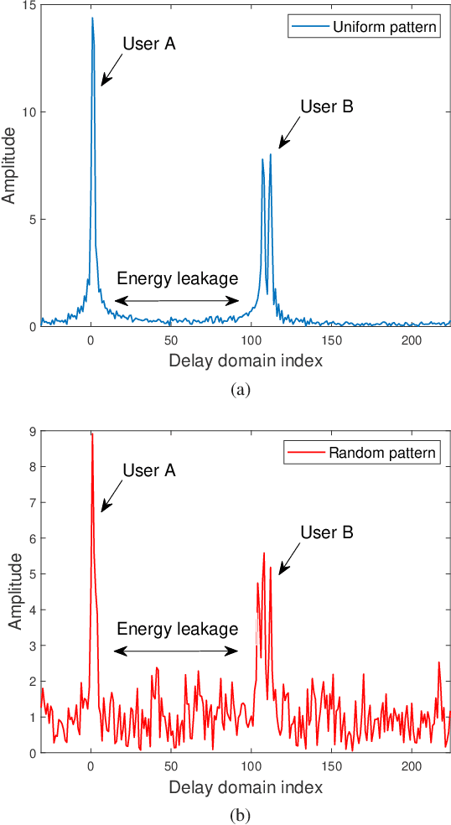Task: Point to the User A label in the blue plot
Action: coord(149,44)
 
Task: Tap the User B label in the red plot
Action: coord(327,532)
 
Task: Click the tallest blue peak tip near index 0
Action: coord(92,18)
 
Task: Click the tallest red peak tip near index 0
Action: coord(91,434)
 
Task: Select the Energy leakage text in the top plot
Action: coord(177,279)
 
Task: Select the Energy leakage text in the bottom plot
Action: coord(177,629)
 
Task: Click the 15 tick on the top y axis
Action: coord(28,6)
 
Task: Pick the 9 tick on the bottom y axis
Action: coord(31,432)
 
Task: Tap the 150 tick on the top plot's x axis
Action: coord(331,341)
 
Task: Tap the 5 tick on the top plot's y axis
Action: coord(31,220)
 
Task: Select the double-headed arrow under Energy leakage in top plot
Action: coord(177,300)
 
